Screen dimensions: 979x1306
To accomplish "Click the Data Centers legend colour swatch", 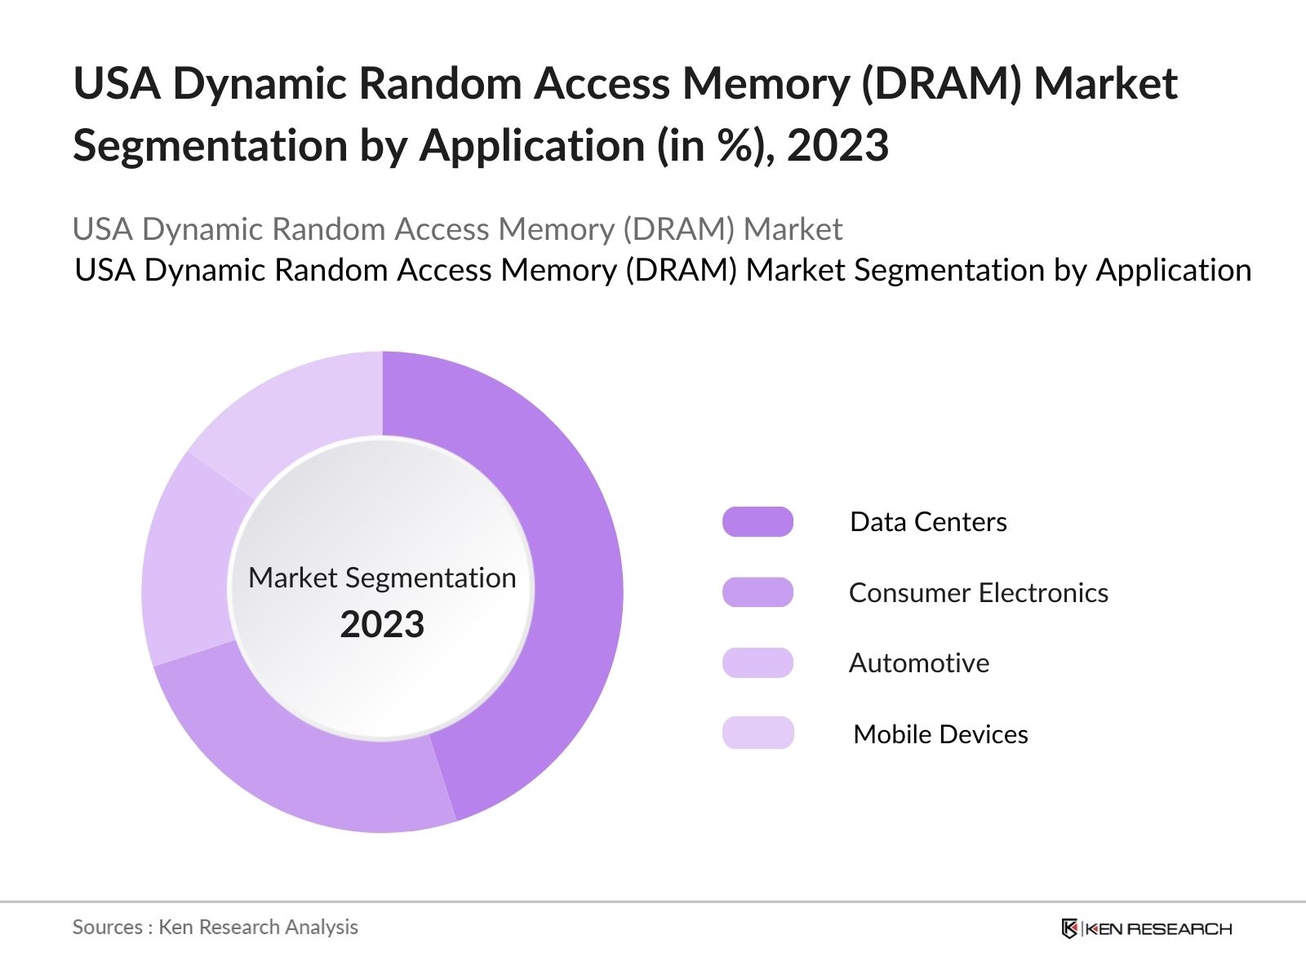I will [x=757, y=522].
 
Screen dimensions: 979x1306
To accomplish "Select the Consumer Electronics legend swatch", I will [x=757, y=592].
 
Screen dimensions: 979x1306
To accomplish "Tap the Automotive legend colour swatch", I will [x=757, y=662].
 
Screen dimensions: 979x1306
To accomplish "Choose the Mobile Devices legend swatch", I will [x=757, y=733].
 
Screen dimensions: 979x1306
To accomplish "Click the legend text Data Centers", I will [x=928, y=522].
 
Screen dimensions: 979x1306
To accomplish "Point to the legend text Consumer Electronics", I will [x=978, y=592].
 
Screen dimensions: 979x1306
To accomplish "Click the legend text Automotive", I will [x=918, y=662].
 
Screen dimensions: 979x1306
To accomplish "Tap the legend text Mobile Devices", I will [x=940, y=734].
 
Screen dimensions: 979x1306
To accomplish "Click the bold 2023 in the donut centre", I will [x=382, y=625].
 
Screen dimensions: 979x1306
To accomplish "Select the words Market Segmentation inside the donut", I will [x=382, y=578].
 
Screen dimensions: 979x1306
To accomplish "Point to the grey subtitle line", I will [x=457, y=229].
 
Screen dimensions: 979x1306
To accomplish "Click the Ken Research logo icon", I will [x=1069, y=928].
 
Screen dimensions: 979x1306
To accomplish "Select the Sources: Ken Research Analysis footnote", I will [x=215, y=927].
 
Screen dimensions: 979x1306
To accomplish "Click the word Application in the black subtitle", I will [x=1173, y=270].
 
